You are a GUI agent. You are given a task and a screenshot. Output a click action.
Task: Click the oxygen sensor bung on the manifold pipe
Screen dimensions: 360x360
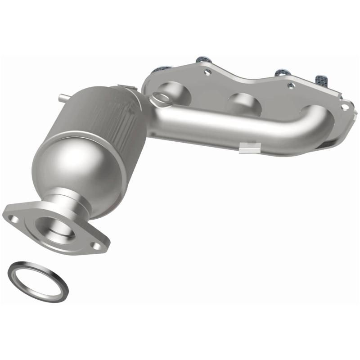coord(159,96)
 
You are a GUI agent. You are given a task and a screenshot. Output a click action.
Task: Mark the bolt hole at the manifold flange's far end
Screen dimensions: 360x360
coord(344,107)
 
